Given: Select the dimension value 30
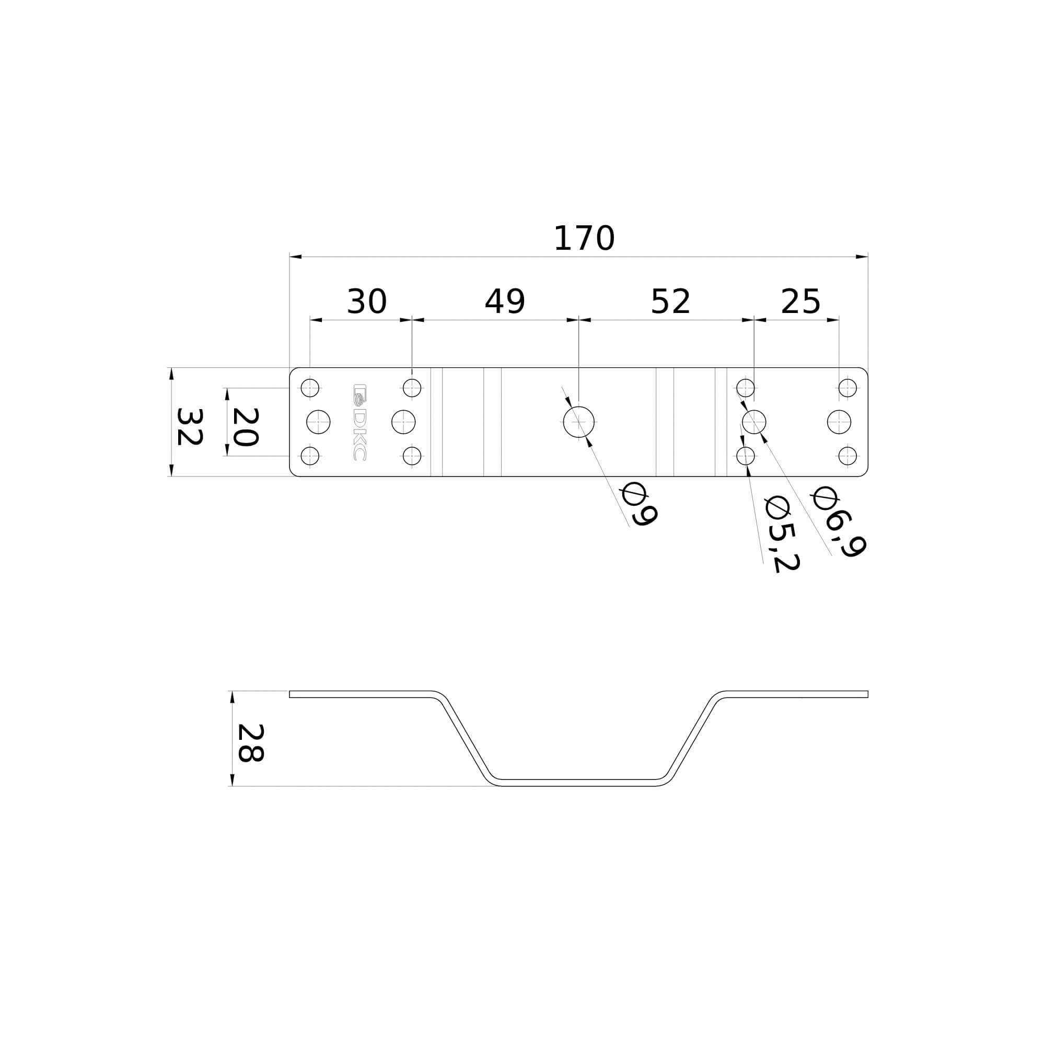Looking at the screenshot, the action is (x=367, y=301).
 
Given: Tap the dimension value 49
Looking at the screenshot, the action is (x=505, y=301).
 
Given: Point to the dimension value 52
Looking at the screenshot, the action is (x=670, y=301).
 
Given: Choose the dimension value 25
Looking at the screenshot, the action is (x=800, y=301).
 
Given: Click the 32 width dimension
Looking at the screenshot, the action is (x=190, y=427).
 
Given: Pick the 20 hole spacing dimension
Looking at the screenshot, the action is (x=245, y=427).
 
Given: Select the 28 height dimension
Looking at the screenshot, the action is (x=251, y=744).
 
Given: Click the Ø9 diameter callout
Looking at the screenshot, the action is (x=640, y=504).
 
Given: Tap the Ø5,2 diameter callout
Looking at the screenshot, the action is (x=782, y=535).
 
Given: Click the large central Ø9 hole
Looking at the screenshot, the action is (x=579, y=422).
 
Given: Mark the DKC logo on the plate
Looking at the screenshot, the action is (x=359, y=422).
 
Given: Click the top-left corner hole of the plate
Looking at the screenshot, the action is (x=310, y=388).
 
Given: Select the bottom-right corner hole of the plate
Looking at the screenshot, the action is (x=847, y=456).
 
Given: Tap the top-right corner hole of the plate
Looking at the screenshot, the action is (x=847, y=388).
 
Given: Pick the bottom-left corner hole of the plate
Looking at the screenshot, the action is (x=310, y=456).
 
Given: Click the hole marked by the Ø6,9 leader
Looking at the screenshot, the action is (x=754, y=422).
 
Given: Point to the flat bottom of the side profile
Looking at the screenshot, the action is (x=578, y=783).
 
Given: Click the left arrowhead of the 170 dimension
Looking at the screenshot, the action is (x=295, y=257).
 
